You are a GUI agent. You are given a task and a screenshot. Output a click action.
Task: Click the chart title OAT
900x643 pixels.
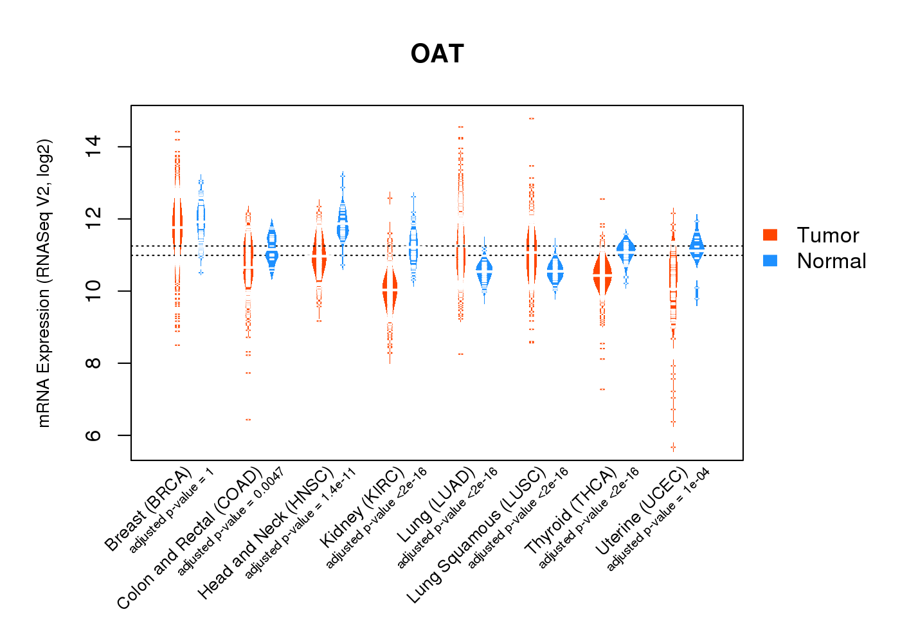(x=437, y=54)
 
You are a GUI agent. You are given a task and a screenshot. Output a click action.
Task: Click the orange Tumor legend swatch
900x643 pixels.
(x=770, y=235)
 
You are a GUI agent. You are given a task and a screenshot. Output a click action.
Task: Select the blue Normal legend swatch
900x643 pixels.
(x=770, y=260)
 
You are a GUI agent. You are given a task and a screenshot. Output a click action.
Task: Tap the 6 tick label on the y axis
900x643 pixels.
(x=93, y=435)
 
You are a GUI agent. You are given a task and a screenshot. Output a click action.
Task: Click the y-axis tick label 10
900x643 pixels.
(x=93, y=291)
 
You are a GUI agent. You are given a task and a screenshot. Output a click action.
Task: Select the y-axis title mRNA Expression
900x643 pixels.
(x=44, y=283)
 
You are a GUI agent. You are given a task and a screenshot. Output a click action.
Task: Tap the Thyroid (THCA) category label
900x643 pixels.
(x=571, y=511)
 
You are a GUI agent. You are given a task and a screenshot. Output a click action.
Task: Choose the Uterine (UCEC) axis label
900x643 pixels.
(x=642, y=511)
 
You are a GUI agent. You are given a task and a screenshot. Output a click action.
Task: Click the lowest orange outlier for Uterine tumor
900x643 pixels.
(x=673, y=447)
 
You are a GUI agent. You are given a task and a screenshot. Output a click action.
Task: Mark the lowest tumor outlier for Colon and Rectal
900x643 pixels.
(x=248, y=419)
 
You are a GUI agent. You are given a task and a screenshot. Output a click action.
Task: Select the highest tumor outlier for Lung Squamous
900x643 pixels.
(x=532, y=118)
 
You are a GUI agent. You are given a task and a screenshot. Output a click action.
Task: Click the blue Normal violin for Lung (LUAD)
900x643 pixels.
(x=484, y=273)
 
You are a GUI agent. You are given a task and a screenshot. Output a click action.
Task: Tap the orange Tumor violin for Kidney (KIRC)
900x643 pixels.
(x=390, y=291)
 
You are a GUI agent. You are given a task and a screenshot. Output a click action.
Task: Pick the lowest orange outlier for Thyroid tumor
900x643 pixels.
(x=602, y=389)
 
